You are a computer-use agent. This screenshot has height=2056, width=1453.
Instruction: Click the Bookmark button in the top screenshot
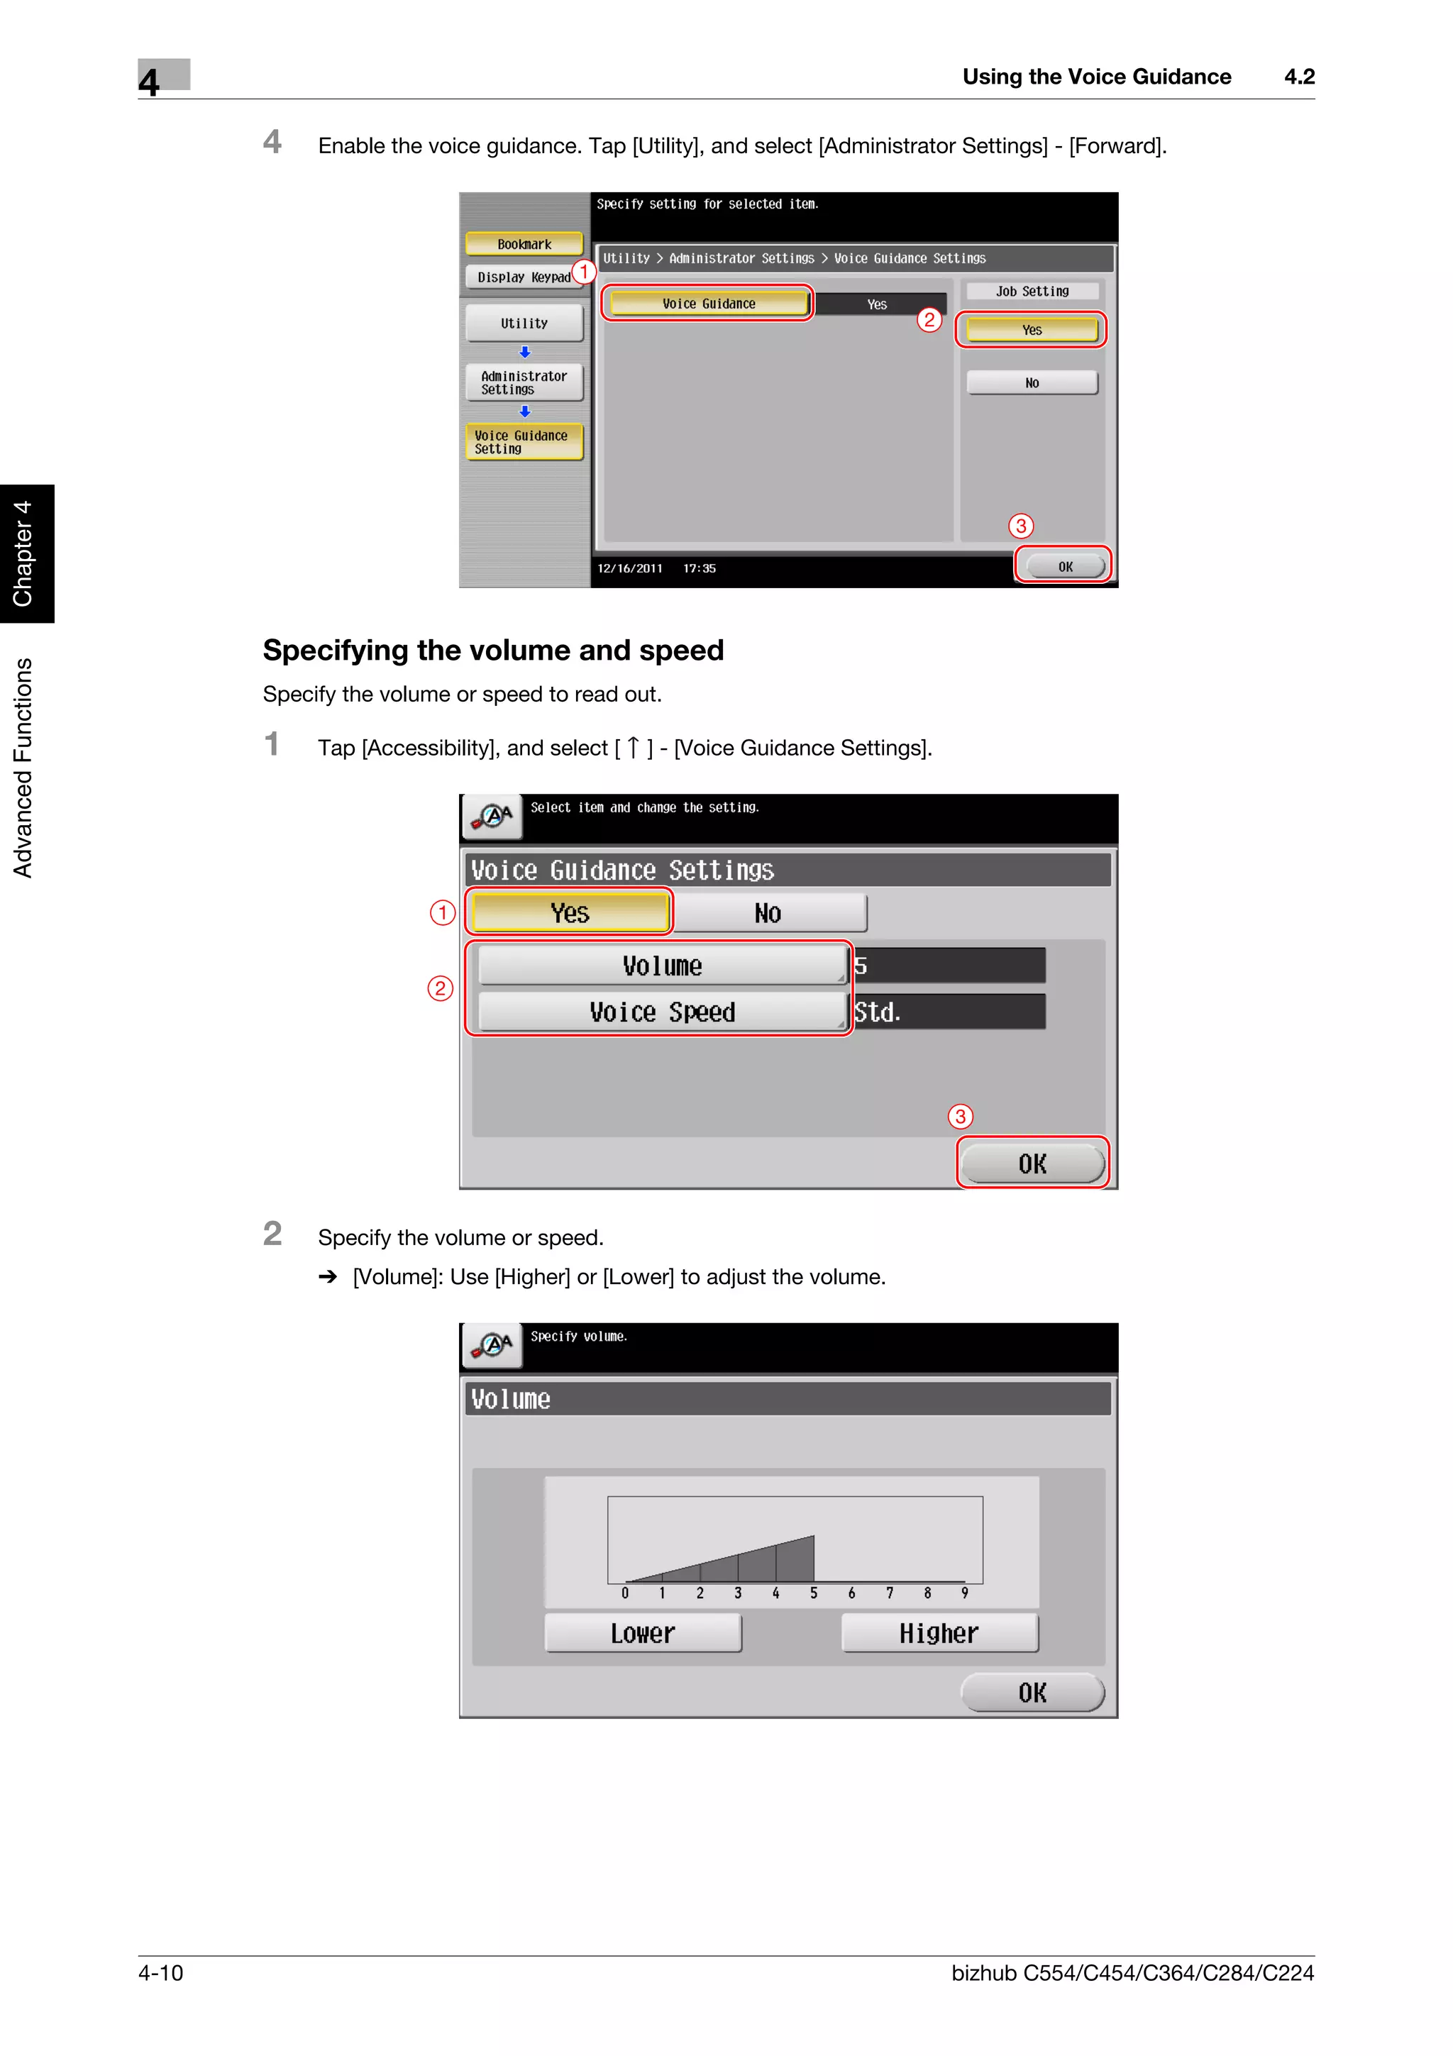524,243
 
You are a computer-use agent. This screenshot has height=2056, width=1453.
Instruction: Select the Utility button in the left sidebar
524,324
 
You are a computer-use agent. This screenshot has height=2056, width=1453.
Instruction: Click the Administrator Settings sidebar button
524,382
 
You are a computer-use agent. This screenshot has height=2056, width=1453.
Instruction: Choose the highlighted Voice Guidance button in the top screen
707,304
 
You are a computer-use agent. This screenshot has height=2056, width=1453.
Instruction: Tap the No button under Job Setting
1032,382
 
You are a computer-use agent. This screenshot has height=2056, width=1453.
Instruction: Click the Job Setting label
1032,291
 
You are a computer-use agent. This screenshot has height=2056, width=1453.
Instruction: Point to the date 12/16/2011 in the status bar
629,568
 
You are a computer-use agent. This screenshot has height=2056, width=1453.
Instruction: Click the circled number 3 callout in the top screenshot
1021,526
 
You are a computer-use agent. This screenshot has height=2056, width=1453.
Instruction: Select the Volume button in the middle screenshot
662,966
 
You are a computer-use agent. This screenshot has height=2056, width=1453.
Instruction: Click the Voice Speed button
662,1012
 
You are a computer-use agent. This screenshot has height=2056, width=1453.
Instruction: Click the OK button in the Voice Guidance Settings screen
1032,1164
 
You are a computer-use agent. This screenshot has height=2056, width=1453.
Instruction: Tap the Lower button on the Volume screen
643,1633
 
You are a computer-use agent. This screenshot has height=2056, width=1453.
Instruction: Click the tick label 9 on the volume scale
964,1593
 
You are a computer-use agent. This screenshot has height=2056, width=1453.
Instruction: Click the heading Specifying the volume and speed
492,650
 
